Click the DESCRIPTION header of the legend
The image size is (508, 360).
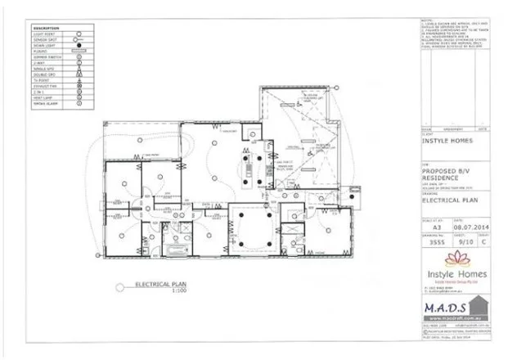(x=43, y=27)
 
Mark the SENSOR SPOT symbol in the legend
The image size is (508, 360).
(x=79, y=38)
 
